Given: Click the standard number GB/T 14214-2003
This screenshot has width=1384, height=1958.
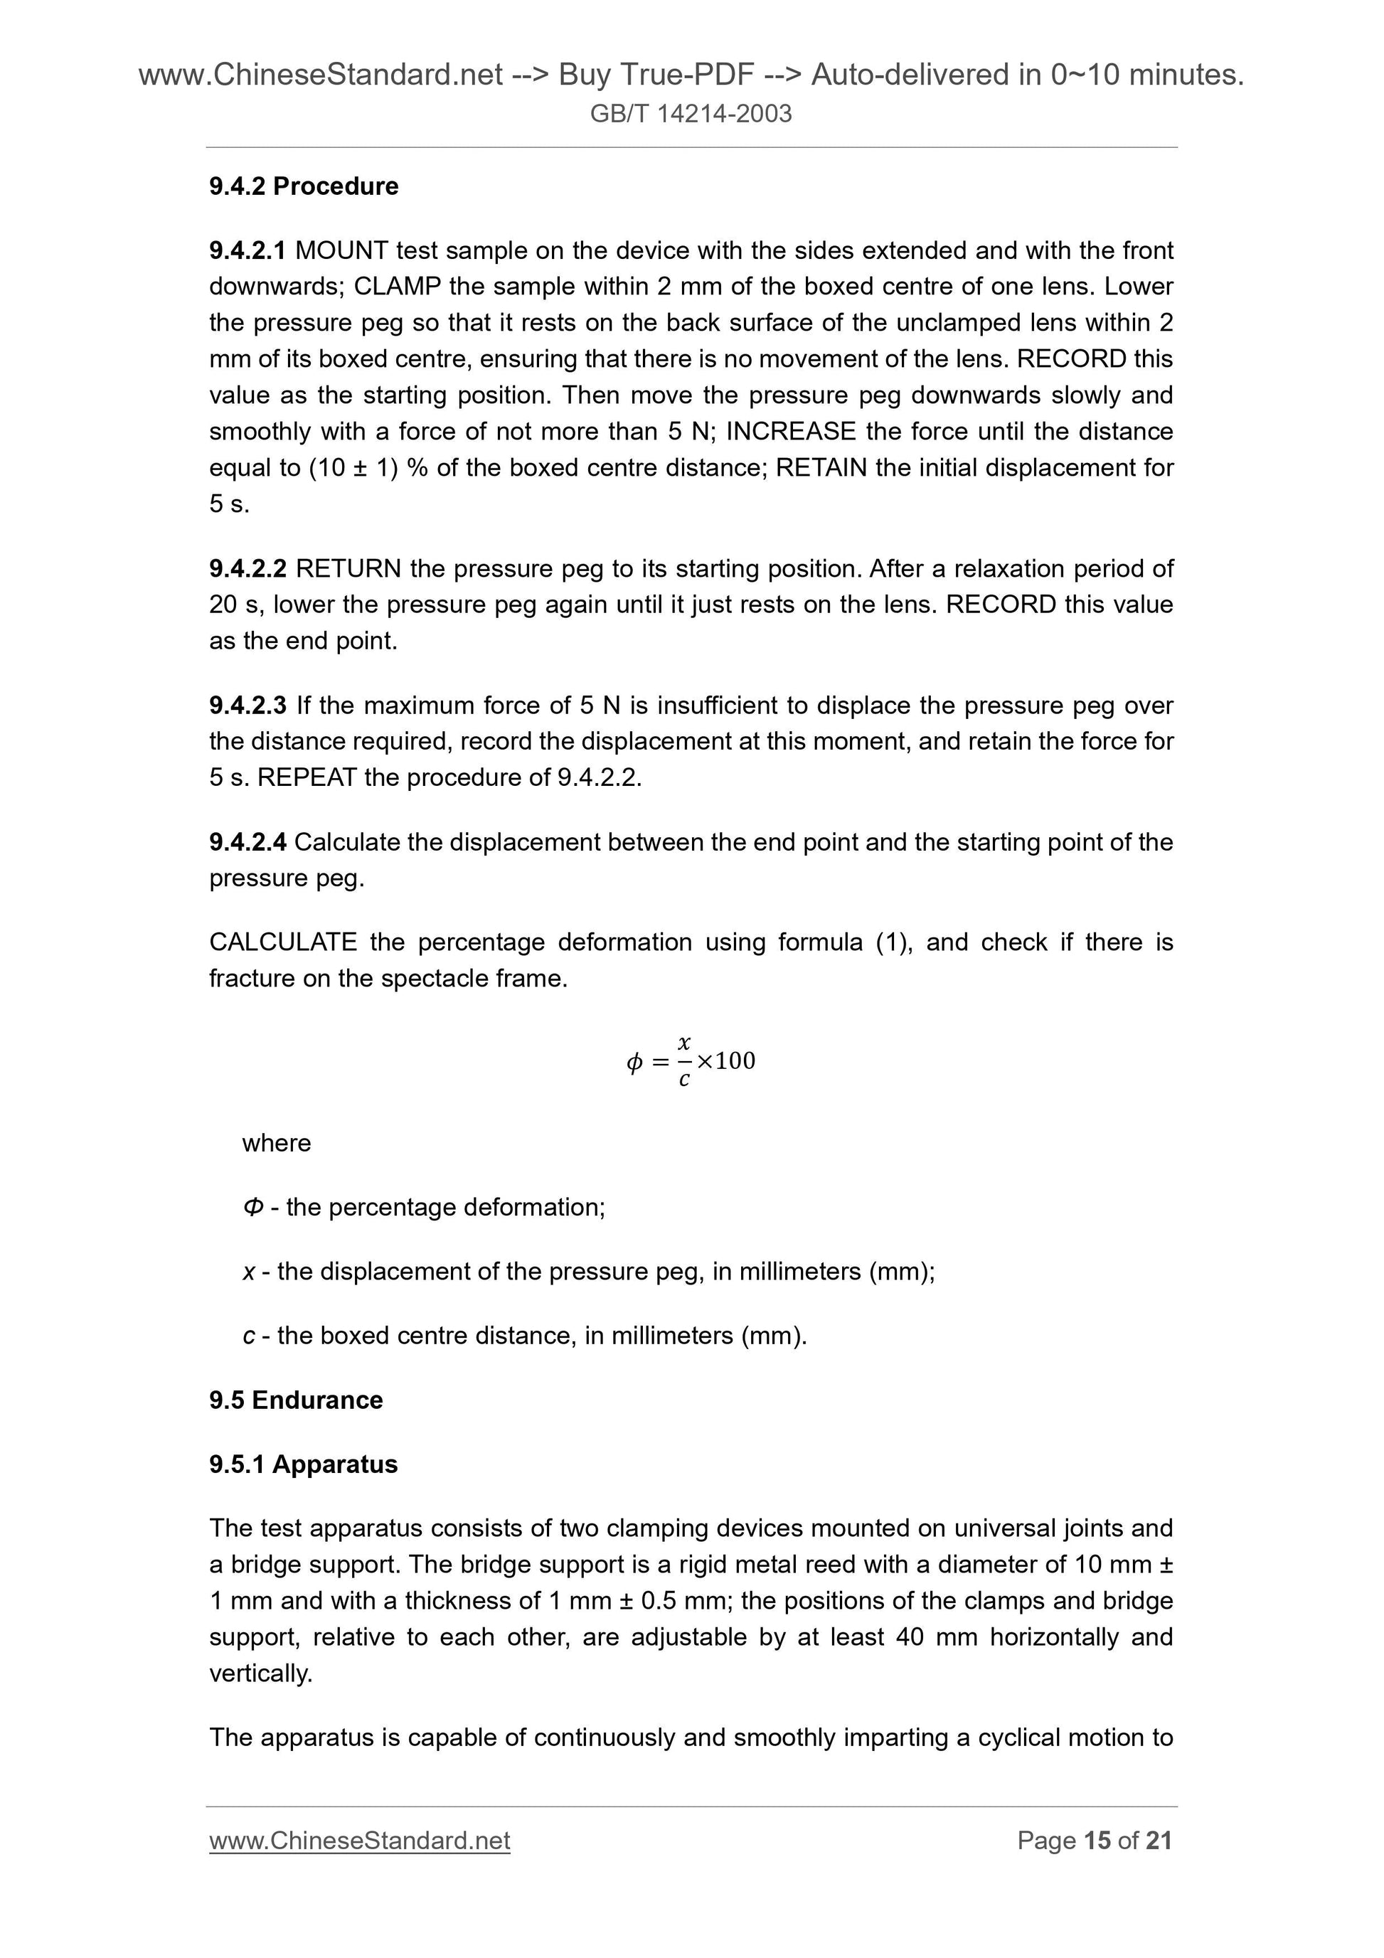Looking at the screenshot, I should (x=691, y=113).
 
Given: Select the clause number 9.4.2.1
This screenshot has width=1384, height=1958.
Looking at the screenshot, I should (x=247, y=251).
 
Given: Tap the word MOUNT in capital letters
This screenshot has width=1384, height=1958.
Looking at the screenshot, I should (x=341, y=251).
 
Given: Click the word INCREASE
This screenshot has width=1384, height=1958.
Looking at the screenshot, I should (x=789, y=432).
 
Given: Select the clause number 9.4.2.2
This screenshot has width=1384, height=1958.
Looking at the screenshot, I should (x=247, y=569).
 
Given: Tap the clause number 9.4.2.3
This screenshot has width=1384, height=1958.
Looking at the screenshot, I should (x=247, y=706).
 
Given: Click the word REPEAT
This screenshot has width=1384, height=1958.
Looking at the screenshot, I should (x=306, y=778).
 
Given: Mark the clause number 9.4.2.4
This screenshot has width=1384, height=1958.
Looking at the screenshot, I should (x=247, y=843).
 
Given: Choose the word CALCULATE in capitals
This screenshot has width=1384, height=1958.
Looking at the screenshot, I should (x=283, y=942).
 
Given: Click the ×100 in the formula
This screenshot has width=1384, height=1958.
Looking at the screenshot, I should (x=725, y=1061).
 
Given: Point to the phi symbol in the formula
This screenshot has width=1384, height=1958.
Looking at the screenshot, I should (x=634, y=1063).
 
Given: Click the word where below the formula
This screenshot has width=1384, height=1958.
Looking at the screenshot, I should (x=276, y=1143).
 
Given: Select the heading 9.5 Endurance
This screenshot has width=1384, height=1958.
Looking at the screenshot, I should (x=296, y=1400).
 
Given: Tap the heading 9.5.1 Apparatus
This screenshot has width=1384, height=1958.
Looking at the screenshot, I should (x=304, y=1464).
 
